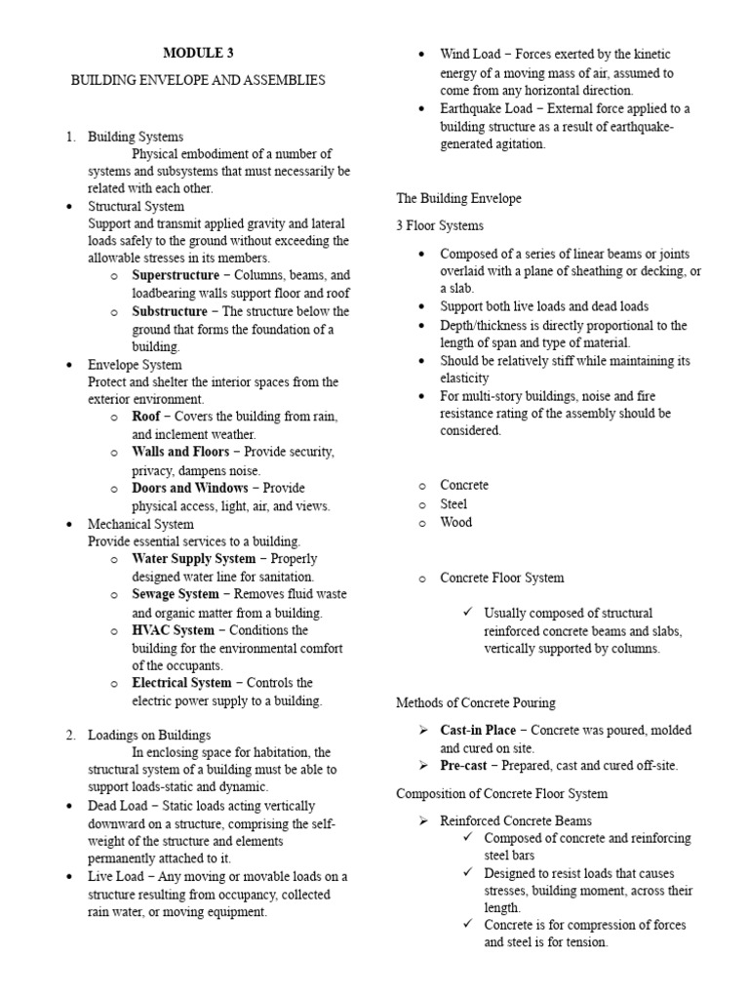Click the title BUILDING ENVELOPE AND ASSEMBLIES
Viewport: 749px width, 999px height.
coord(198,80)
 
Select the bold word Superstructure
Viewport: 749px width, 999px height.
coord(176,276)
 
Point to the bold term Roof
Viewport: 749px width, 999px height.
coord(146,417)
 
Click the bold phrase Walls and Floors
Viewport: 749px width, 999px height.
coord(180,452)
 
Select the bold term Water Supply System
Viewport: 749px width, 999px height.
coord(194,559)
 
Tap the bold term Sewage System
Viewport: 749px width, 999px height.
coord(176,594)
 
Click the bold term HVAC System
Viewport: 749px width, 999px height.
coord(173,630)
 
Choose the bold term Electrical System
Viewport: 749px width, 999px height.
coord(181,683)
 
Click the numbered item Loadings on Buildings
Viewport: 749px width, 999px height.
coord(148,735)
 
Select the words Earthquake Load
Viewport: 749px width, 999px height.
coord(486,108)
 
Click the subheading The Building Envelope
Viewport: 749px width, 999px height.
coord(458,198)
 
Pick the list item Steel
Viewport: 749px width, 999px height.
coord(453,503)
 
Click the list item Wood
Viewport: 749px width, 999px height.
coord(455,522)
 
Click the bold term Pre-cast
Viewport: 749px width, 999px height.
coord(466,765)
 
